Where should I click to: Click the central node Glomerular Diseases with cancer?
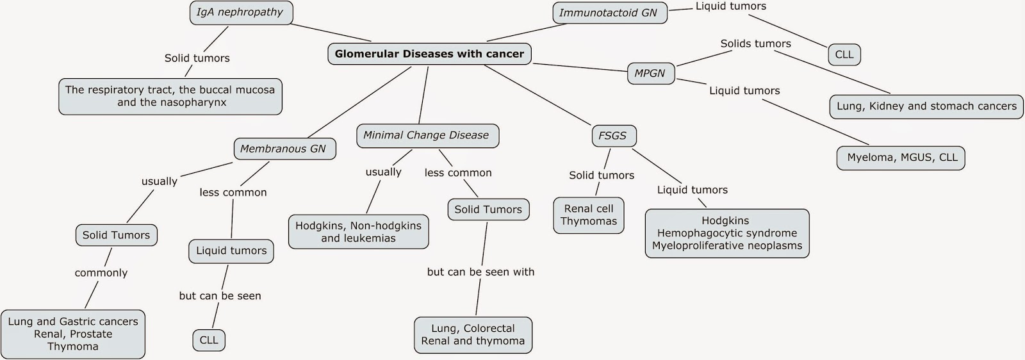tap(429, 54)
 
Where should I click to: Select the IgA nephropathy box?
tap(240, 13)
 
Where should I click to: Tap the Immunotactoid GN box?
tap(609, 13)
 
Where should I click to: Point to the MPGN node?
tap(650, 73)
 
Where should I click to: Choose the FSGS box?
tap(612, 136)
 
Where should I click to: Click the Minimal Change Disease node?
tap(426, 135)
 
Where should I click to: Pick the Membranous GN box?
tap(283, 149)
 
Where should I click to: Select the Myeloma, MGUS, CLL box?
tap(901, 158)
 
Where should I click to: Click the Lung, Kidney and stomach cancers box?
tap(926, 106)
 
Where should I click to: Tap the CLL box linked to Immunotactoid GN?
tap(844, 54)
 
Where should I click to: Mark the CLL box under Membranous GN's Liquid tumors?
tap(209, 340)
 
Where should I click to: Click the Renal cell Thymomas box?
tap(588, 215)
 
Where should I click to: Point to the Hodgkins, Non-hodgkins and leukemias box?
tap(358, 232)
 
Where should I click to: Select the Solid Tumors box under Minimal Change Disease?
tap(488, 209)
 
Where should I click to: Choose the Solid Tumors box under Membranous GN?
tap(116, 235)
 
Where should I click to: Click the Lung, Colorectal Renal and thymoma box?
tap(473, 335)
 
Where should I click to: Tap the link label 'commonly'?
tap(101, 273)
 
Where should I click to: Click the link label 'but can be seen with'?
tap(480, 272)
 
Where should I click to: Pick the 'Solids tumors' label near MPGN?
tap(755, 44)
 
